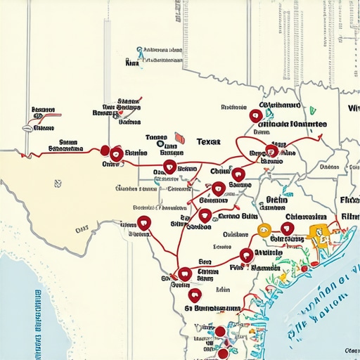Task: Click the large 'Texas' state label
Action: pyautogui.click(x=207, y=141)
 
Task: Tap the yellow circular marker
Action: pyautogui.click(x=265, y=229)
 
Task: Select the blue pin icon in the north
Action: pyautogui.click(x=140, y=51)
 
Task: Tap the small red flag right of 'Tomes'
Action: pyautogui.click(x=179, y=139)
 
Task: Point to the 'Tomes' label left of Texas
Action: pyautogui.click(x=155, y=139)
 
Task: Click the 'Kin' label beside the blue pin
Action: pyautogui.click(x=130, y=63)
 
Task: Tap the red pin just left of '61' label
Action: pyautogui.click(x=195, y=295)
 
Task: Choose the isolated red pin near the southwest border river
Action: pyautogui.click(x=144, y=224)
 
